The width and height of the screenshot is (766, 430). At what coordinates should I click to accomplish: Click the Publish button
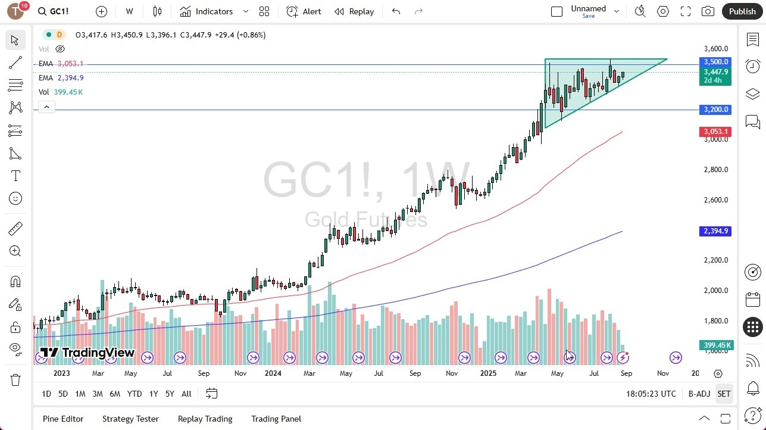point(742,11)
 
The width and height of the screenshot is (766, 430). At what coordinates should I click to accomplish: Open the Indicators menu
point(214,11)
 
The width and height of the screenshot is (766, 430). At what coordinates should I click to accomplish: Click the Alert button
point(304,11)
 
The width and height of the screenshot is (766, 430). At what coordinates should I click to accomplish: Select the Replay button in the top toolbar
point(354,11)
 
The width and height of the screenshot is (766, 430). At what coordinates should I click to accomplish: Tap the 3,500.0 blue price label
point(715,62)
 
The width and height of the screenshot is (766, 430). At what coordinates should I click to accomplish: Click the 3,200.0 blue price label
point(715,110)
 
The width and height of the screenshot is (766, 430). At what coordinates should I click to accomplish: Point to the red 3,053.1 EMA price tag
point(715,132)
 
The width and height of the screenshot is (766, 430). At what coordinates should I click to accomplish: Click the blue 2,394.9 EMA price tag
point(715,231)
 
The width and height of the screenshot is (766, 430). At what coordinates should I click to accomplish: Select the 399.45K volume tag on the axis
point(717,345)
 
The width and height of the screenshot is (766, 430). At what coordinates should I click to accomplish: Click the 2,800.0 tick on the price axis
point(715,170)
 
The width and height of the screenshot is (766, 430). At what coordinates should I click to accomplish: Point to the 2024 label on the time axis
point(273,373)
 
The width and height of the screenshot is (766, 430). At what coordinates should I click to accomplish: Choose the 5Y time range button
point(170,394)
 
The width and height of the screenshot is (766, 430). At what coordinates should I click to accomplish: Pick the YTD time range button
point(135,394)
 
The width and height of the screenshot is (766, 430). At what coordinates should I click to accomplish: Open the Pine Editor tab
point(63,419)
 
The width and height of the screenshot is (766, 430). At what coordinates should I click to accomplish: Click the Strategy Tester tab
point(130,419)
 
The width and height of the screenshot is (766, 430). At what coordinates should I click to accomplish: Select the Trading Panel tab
point(276,419)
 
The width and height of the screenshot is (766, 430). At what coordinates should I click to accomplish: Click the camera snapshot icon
point(708,11)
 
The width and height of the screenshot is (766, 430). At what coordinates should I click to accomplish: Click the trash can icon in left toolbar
point(15,380)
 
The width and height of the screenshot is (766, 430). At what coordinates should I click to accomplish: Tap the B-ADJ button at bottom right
point(699,394)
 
